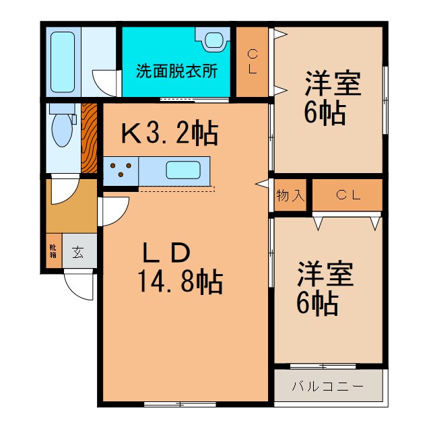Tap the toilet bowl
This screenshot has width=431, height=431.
point(63,129)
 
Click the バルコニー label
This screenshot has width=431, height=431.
point(327,387)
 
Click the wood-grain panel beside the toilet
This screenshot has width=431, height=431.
point(88,137)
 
